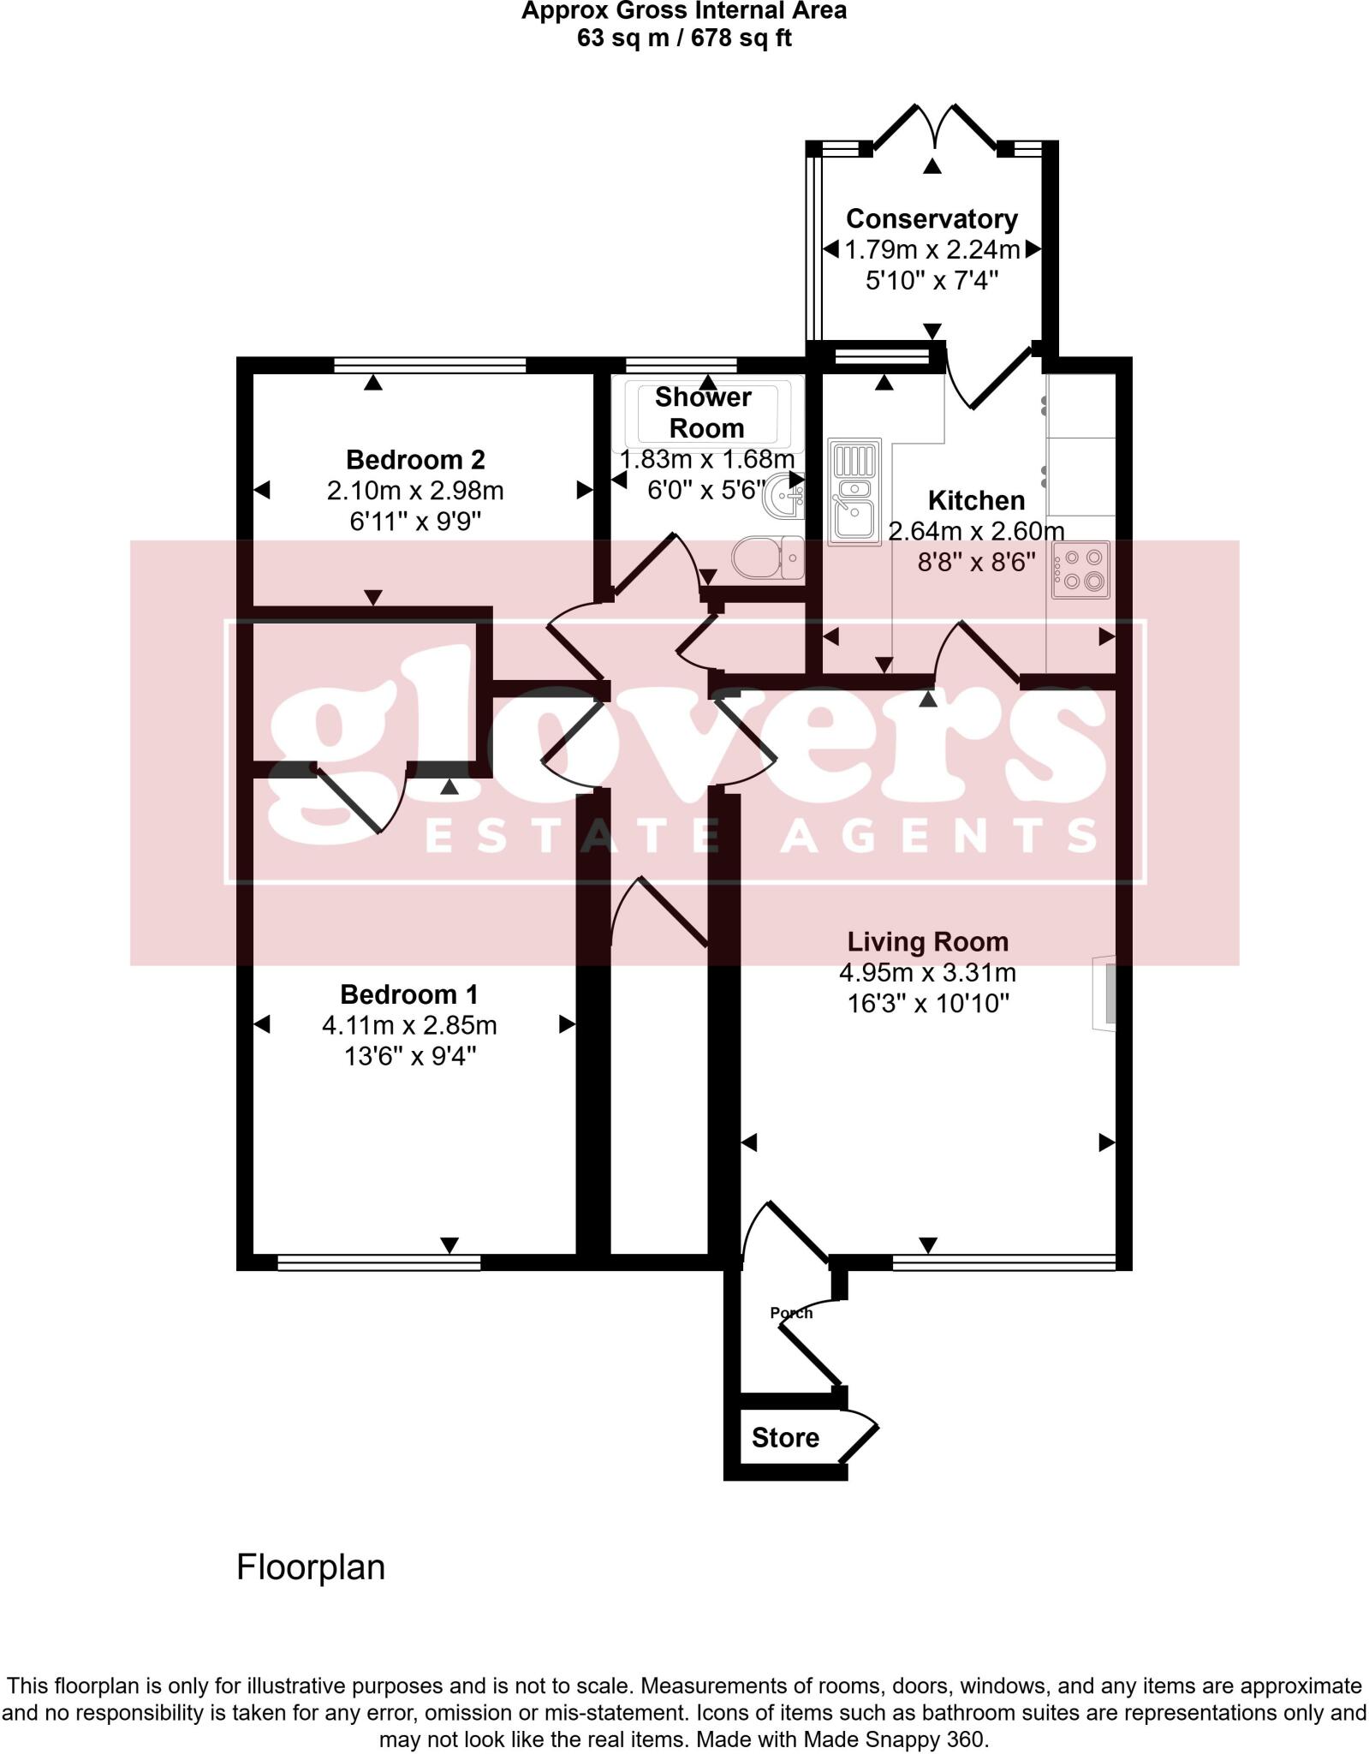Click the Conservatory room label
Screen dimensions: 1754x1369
pyautogui.click(x=932, y=218)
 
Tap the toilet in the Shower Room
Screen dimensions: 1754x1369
pyautogui.click(x=767, y=558)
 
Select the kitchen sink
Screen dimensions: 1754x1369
pyautogui.click(x=854, y=492)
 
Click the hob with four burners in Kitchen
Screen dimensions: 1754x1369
pyautogui.click(x=1080, y=570)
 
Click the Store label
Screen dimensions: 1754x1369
pyautogui.click(x=785, y=1437)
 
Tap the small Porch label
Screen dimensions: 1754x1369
pyautogui.click(x=790, y=1313)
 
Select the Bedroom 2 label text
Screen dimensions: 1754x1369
pyautogui.click(x=415, y=460)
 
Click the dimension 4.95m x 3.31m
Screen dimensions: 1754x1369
pyautogui.click(x=927, y=973)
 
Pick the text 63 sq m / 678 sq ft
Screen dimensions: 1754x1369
pyautogui.click(x=684, y=39)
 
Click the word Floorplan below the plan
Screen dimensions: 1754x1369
pyautogui.click(x=311, y=1567)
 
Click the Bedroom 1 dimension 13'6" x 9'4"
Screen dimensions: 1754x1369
pyautogui.click(x=409, y=1056)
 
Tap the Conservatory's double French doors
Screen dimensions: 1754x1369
pyautogui.click(x=933, y=128)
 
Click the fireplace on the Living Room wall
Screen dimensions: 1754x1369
pyautogui.click(x=1104, y=993)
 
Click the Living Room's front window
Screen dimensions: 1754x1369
pyautogui.click(x=1003, y=1262)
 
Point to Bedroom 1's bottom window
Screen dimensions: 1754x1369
pyautogui.click(x=378, y=1262)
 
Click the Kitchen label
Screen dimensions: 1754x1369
pyautogui.click(x=976, y=500)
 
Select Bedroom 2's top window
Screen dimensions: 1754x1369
pyautogui.click(x=430, y=366)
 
